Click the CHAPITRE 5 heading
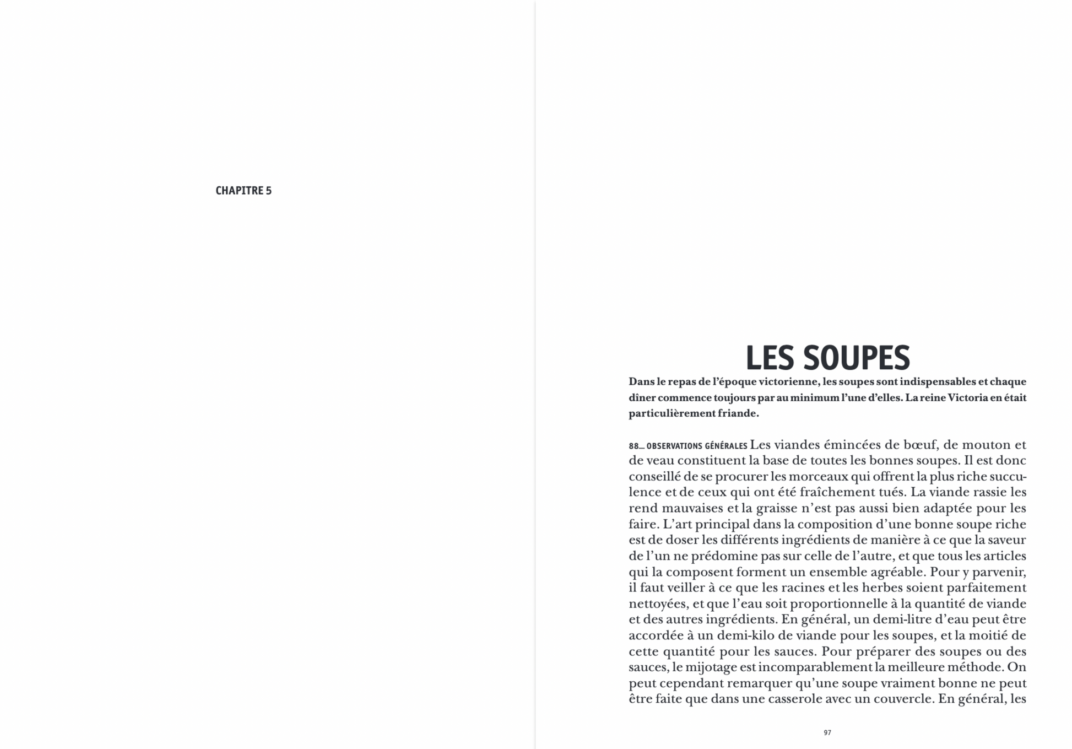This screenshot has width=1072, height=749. click(243, 191)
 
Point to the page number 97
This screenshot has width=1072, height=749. click(827, 732)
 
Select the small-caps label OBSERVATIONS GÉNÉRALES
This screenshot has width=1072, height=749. click(696, 446)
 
